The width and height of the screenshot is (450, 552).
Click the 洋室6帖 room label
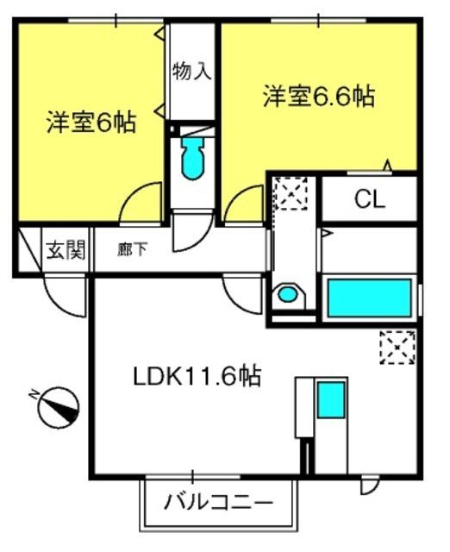click(x=91, y=122)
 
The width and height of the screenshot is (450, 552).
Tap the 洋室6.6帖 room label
click(x=319, y=96)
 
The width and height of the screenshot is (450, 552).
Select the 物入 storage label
click(x=192, y=71)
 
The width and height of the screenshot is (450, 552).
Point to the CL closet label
click(x=370, y=199)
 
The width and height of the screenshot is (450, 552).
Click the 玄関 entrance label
click(x=66, y=250)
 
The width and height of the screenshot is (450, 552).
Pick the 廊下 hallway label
click(x=132, y=249)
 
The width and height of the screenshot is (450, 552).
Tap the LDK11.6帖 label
click(x=197, y=376)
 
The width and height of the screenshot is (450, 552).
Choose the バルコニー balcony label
click(x=218, y=502)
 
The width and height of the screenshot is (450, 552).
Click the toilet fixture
click(x=192, y=158)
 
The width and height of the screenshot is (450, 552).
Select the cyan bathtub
click(x=370, y=298)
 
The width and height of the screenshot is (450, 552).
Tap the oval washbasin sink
click(x=288, y=294)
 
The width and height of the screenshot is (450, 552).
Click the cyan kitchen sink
click(x=331, y=400)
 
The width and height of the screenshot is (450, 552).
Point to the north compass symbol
click(x=59, y=408)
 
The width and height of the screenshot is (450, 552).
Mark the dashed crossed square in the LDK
click(x=397, y=348)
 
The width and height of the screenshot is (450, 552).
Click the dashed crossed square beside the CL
click(x=291, y=193)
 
